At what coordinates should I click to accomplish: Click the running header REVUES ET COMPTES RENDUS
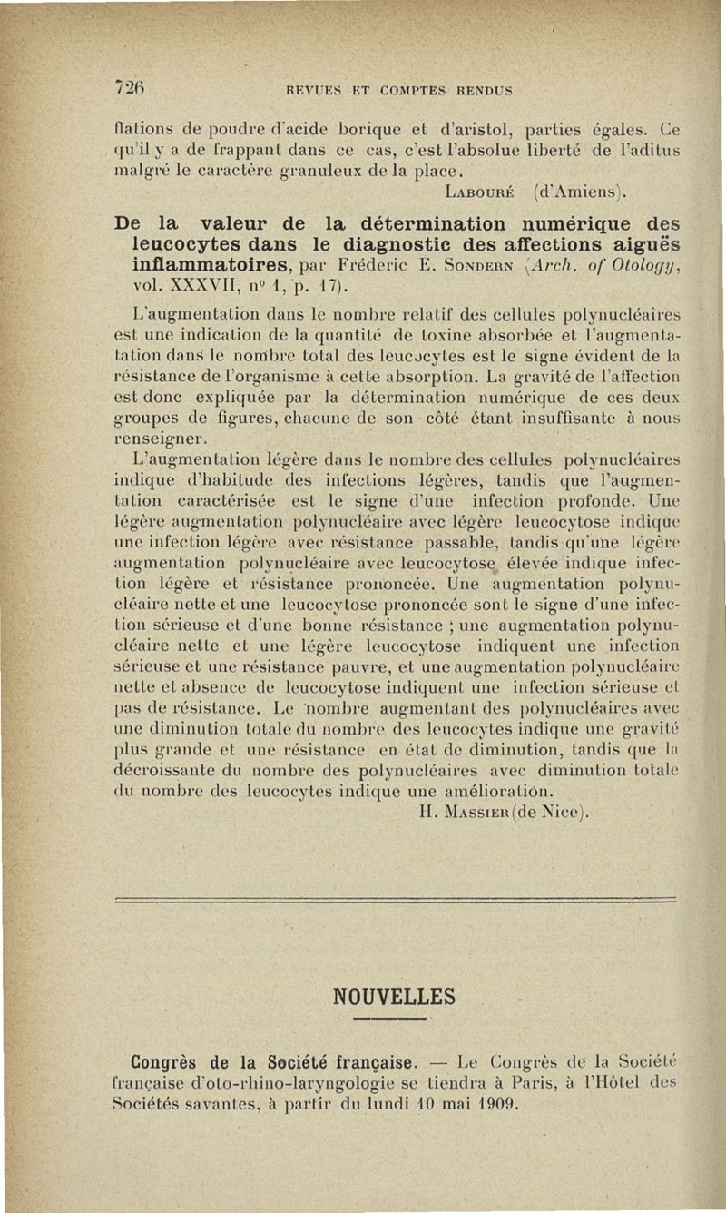tap(399, 90)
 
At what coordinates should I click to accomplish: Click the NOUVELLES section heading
tap(395, 996)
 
